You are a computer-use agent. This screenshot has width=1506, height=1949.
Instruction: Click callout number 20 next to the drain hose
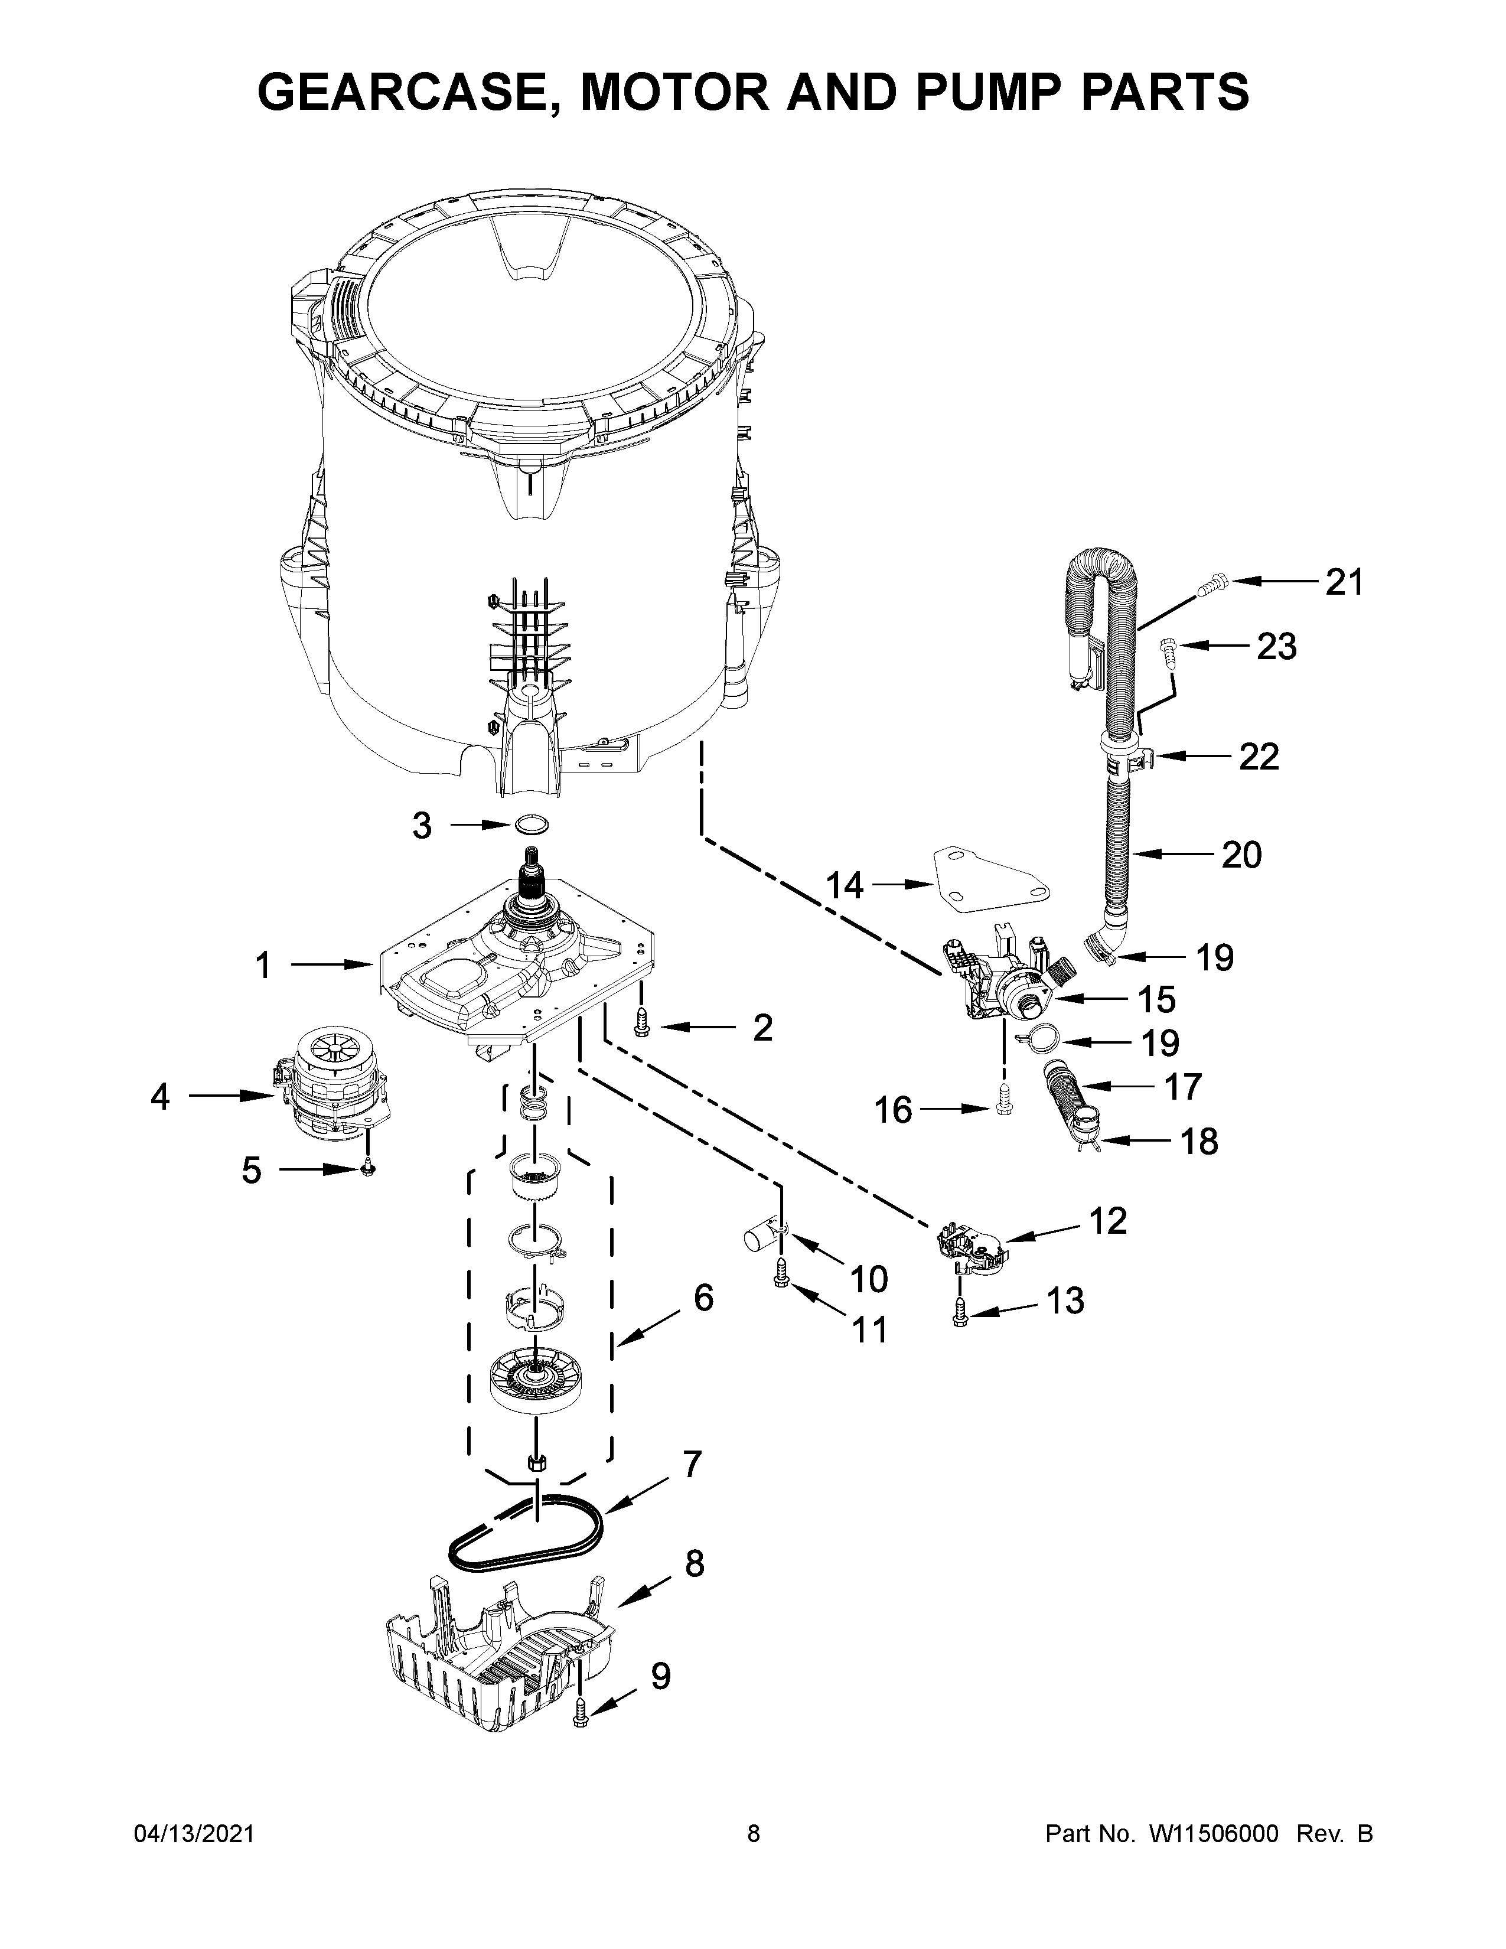pyautogui.click(x=1241, y=855)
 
